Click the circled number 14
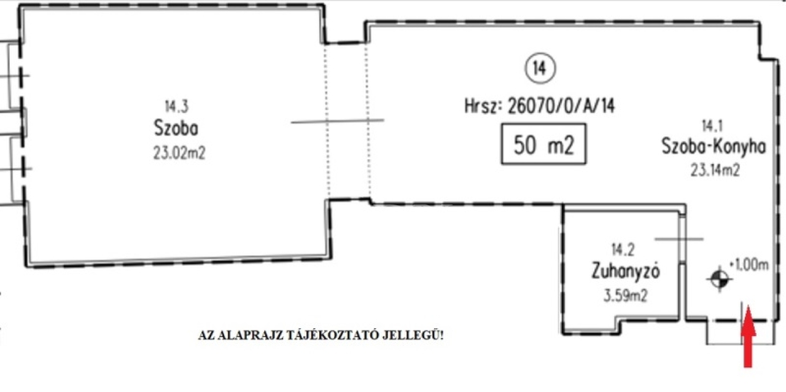pyautogui.click(x=540, y=68)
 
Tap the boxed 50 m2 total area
pyautogui.click(x=543, y=144)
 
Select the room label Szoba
pyautogui.click(x=176, y=128)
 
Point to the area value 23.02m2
pyautogui.click(x=179, y=154)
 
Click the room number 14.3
pyautogui.click(x=176, y=106)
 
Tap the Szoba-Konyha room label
pyautogui.click(x=714, y=146)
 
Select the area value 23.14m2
pyautogui.click(x=715, y=171)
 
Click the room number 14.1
pyautogui.click(x=712, y=126)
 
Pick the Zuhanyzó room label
pyautogui.click(x=625, y=271)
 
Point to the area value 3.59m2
pyautogui.click(x=625, y=296)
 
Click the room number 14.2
pyautogui.click(x=623, y=249)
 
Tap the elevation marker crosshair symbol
pyautogui.click(x=719, y=280)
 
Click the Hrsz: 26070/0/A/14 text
pyautogui.click(x=540, y=106)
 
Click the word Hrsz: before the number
pyautogui.click(x=481, y=106)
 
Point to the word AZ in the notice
pyautogui.click(x=206, y=335)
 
